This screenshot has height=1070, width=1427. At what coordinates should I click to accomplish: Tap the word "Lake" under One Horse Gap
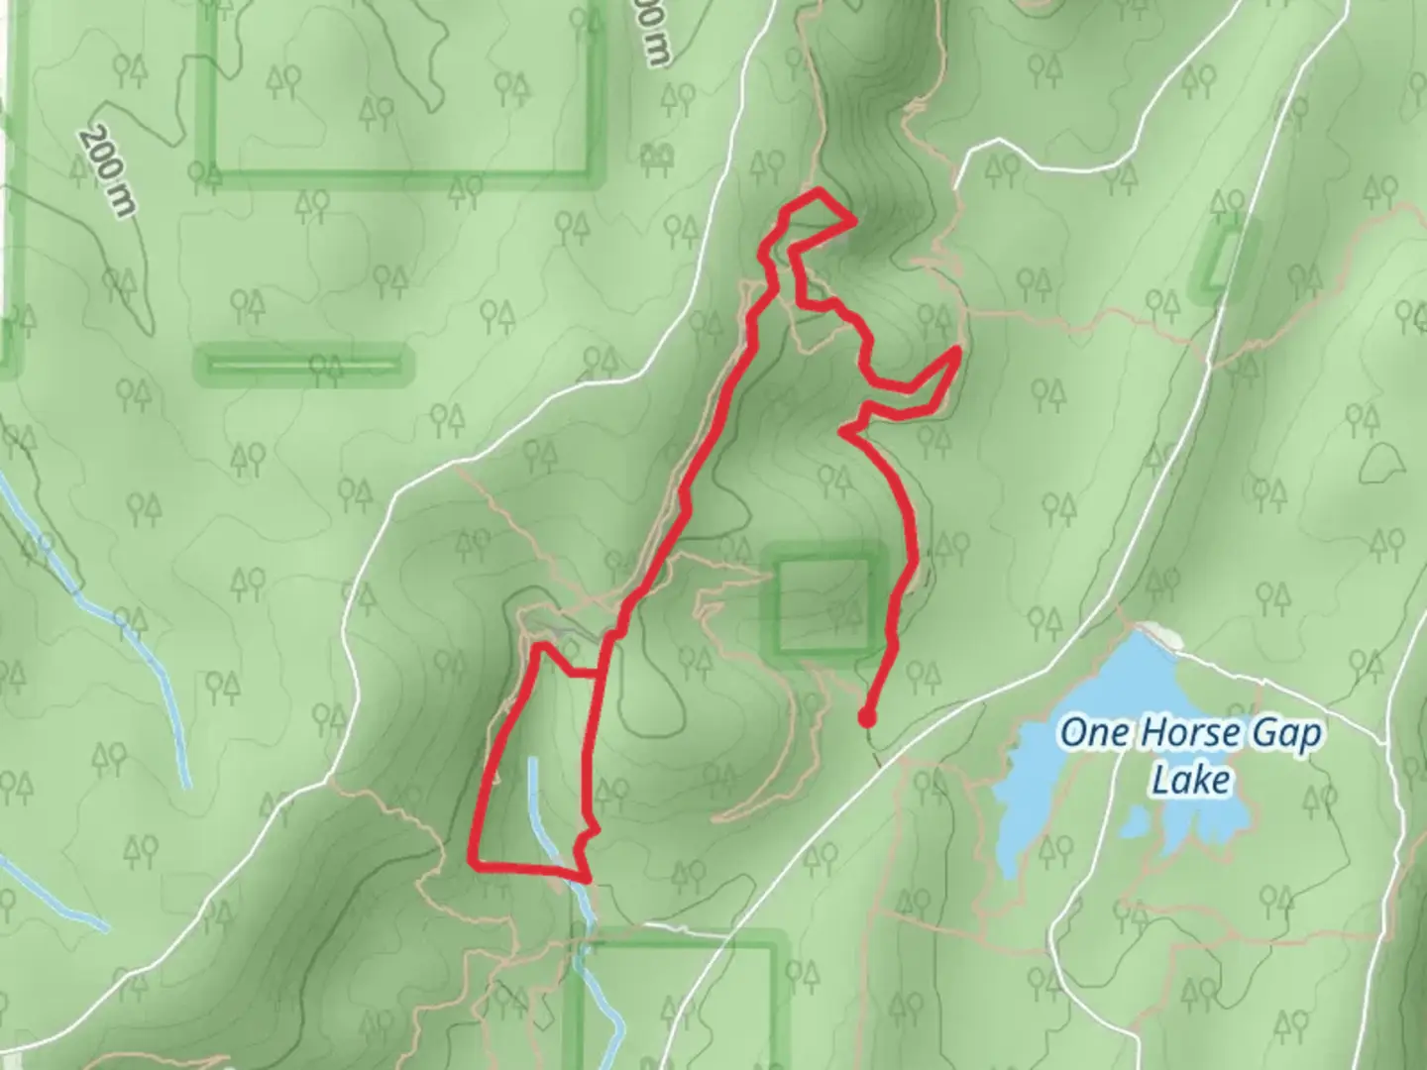[1190, 779]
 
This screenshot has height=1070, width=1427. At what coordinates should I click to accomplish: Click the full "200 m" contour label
[109, 170]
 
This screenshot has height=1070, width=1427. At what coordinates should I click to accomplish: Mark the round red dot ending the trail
[867, 719]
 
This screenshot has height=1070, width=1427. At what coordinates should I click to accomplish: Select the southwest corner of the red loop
[472, 863]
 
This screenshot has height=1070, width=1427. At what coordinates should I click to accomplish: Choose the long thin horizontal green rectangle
[301, 365]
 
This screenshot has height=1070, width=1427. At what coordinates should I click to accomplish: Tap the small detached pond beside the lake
[1136, 820]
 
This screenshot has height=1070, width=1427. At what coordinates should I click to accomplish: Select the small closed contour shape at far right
[1383, 458]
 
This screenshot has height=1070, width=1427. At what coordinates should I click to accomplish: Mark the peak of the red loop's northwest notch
[541, 647]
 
